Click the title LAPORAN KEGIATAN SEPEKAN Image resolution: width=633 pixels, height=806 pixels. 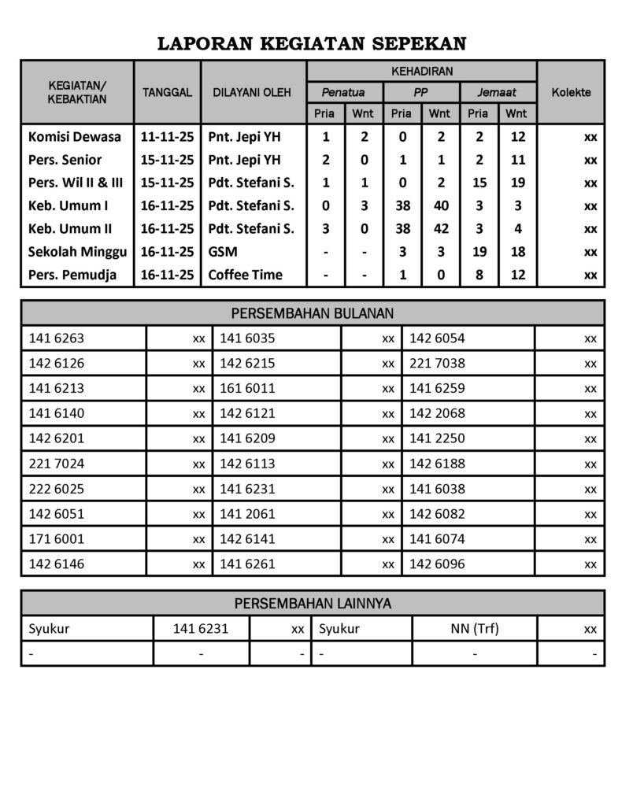click(313, 43)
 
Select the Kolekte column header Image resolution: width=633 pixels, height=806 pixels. click(571, 92)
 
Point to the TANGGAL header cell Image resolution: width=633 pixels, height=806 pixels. click(167, 92)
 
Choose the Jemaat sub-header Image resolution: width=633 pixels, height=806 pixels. click(497, 92)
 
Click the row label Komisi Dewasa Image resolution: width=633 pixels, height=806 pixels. click(75, 137)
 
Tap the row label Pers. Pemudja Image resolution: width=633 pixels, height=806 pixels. click(72, 275)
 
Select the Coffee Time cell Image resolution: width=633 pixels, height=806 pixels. click(245, 275)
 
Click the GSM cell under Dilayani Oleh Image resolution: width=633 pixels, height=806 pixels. click(223, 253)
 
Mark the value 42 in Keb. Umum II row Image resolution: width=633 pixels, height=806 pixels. click(441, 229)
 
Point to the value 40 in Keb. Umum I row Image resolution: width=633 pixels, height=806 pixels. click(441, 206)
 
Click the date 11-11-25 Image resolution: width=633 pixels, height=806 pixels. click(167, 137)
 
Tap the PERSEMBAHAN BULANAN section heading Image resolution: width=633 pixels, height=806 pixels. click(313, 313)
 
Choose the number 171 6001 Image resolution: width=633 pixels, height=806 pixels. click(56, 539)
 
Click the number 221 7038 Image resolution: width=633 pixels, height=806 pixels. click(437, 364)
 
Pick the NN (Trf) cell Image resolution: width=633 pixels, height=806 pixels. click(472, 629)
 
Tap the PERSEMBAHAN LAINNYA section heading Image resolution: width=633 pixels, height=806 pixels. click(313, 604)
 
